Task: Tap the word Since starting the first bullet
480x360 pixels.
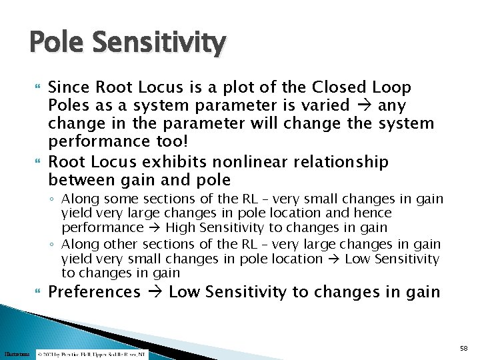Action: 68,87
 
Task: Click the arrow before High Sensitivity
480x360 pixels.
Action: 155,227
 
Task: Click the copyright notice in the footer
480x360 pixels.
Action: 91,355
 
